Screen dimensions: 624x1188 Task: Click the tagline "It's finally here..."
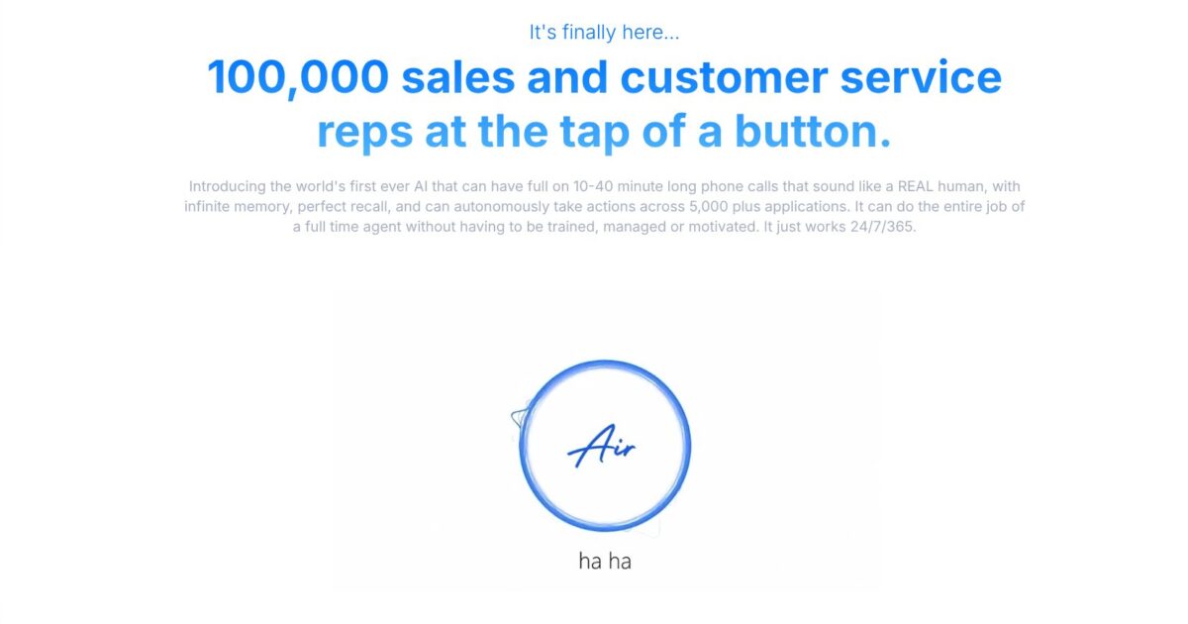tap(604, 32)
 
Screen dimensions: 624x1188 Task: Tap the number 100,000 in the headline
tap(297, 77)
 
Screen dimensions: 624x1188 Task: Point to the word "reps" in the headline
tap(363, 133)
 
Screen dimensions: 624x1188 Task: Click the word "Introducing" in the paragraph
tap(225, 186)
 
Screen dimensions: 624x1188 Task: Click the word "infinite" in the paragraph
tap(210, 207)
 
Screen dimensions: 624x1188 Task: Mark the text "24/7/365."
tap(887, 227)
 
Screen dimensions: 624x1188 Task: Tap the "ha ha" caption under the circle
tap(605, 562)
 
